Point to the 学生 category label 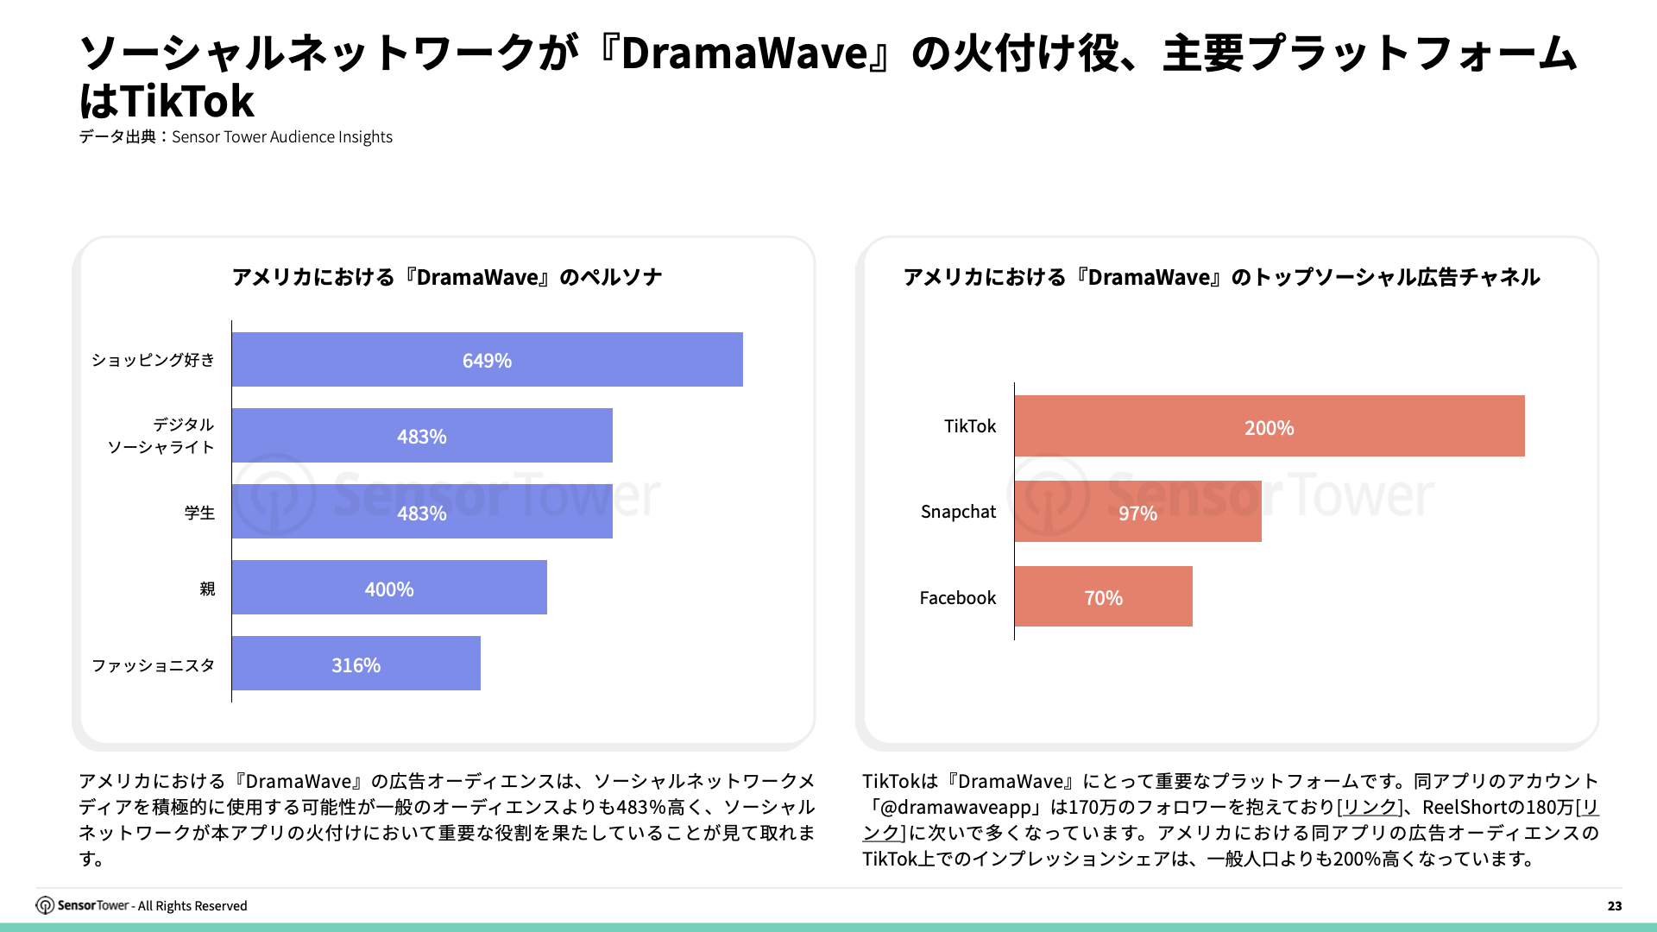199,513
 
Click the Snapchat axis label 958,512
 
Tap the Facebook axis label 957,597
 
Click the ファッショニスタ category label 153,665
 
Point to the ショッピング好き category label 153,360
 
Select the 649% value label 487,361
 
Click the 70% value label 1103,598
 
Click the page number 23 1614,905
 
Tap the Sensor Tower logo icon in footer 45,905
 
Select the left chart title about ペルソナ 446,277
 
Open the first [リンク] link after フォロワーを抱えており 1369,807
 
